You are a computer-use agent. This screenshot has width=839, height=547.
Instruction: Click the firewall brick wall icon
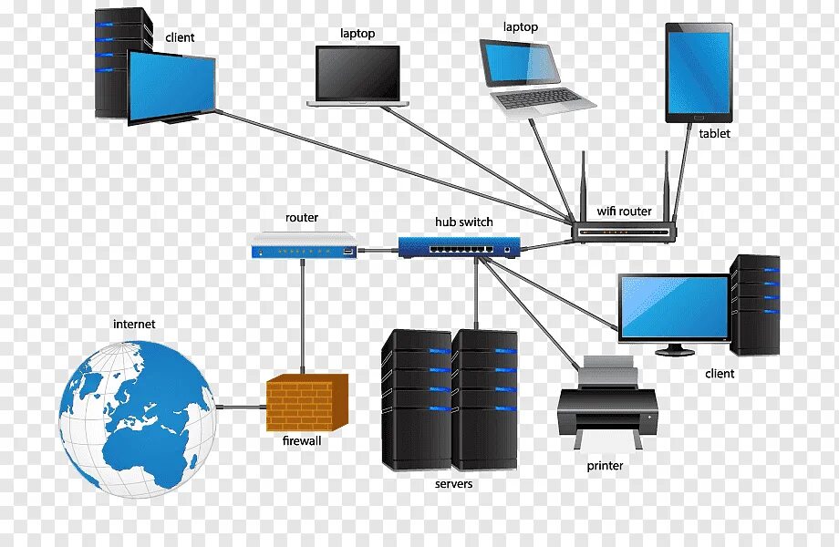click(307, 403)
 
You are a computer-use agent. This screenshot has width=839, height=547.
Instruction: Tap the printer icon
click(607, 400)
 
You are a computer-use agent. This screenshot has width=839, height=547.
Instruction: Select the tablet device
click(699, 74)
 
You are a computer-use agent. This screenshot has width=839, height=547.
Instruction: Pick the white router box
click(304, 246)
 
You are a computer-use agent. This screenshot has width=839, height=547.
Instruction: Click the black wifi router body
click(625, 232)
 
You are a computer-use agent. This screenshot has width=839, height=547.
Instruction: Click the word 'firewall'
click(302, 441)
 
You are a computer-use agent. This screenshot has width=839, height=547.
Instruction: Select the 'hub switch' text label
click(463, 222)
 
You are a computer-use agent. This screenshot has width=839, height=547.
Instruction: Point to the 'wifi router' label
click(625, 212)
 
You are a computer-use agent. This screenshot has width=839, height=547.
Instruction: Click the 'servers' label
click(453, 483)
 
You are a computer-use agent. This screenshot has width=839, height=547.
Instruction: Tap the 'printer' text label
click(605, 466)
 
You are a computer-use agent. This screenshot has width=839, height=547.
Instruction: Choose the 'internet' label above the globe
click(134, 324)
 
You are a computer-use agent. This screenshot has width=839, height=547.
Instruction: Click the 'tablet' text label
click(714, 134)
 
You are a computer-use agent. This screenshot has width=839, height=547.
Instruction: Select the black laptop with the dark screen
click(357, 76)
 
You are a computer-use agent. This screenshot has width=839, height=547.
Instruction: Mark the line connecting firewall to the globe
click(240, 405)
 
